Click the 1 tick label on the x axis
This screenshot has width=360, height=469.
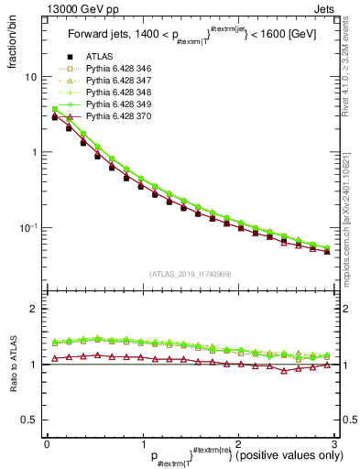coord(142,442)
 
